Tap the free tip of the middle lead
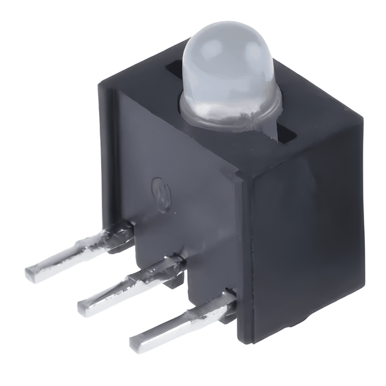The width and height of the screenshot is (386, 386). click(84, 306)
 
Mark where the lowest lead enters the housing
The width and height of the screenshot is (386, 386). click(228, 299)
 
